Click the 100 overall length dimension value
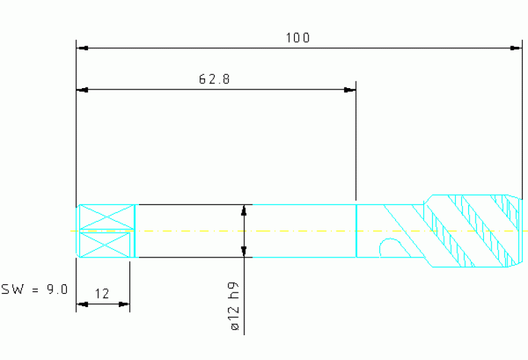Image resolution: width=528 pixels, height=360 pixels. pyautogui.click(x=297, y=38)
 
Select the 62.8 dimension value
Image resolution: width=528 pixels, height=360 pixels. pyautogui.click(x=214, y=79)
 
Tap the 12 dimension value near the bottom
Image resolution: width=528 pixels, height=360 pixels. pyautogui.click(x=102, y=294)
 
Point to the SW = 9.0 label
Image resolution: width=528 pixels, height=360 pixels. pyautogui.click(x=34, y=289)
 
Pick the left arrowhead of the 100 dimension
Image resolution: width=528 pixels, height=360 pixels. pyautogui.click(x=82, y=48)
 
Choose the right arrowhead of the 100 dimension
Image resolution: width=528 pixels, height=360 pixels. pyautogui.click(x=516, y=48)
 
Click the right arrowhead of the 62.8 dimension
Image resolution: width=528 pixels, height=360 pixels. pyautogui.click(x=350, y=89)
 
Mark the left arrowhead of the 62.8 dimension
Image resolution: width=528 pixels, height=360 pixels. pyautogui.click(x=82, y=89)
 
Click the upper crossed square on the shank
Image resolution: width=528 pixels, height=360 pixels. pyautogui.click(x=106, y=218)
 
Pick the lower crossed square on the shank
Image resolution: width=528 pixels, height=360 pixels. pyautogui.click(x=106, y=244)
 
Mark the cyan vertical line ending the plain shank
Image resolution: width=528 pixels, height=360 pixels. pyautogui.click(x=356, y=231)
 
